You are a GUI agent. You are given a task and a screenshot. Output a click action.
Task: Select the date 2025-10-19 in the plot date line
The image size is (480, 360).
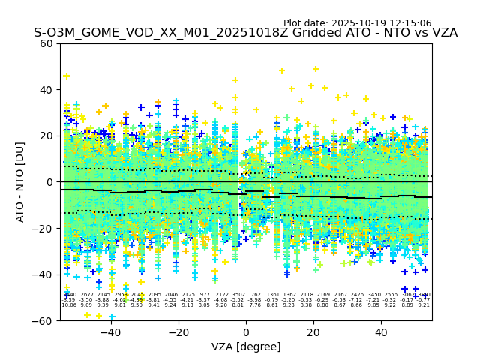point(356,23)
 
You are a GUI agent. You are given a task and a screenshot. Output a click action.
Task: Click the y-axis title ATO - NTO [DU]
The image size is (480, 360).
point(21,181)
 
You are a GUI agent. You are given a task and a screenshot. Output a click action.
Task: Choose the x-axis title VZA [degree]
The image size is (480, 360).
point(246,346)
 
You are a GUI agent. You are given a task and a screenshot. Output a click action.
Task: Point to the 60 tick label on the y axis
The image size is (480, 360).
point(46,43)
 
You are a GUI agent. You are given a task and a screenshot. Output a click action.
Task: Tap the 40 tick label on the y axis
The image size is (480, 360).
point(46,90)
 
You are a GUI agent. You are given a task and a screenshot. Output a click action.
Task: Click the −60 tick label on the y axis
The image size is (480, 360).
point(43,320)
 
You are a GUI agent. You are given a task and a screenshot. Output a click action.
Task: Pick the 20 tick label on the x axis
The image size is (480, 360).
point(315,331)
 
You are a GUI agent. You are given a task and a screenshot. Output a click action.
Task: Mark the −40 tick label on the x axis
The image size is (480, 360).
point(109,331)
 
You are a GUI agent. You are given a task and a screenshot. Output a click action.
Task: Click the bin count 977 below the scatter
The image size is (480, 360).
point(205,295)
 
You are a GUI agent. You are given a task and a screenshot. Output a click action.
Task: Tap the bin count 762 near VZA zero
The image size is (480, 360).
point(255,295)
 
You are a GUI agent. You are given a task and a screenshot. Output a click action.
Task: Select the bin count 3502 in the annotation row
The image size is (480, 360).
point(238,295)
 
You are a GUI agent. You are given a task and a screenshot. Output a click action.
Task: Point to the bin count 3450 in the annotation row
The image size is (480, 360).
point(373,295)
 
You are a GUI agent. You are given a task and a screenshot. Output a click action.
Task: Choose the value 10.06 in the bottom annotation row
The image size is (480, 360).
point(69,305)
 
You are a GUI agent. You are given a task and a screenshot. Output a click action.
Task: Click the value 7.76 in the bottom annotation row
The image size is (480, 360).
point(255,305)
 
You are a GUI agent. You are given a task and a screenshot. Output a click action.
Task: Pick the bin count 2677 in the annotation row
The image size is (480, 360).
point(87,295)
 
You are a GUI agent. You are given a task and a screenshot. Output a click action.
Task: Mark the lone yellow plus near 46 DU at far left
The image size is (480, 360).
point(66,76)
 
